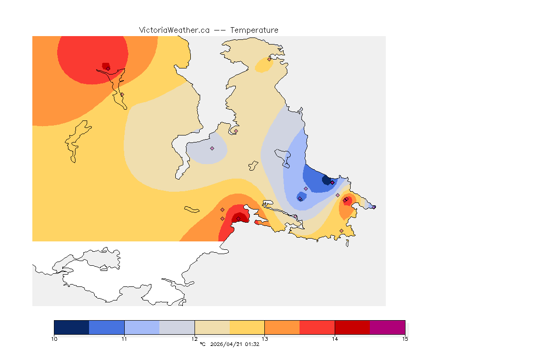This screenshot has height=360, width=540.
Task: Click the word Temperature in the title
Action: (x=254, y=30)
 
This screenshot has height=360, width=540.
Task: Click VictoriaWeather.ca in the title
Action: (x=174, y=30)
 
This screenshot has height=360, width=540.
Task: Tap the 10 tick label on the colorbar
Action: (x=54, y=338)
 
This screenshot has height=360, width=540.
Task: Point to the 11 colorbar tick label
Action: (x=124, y=338)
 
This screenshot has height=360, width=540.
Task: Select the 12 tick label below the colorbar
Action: (x=195, y=338)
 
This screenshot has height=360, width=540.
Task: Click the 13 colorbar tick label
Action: (x=265, y=338)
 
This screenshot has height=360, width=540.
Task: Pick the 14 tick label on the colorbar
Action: (x=335, y=338)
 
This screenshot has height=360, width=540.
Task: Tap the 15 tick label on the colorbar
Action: (x=405, y=338)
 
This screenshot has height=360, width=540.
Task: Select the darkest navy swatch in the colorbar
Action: (x=72, y=327)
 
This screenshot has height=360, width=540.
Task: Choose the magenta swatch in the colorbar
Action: (x=388, y=327)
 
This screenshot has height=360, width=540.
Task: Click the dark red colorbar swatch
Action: (x=352, y=327)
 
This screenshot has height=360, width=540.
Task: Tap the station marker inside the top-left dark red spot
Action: (x=108, y=68)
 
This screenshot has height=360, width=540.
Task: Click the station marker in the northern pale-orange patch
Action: (x=269, y=59)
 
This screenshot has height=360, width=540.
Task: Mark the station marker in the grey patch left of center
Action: (x=212, y=148)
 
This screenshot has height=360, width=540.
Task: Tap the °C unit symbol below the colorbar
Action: (x=202, y=344)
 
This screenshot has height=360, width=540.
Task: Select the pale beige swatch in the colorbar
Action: (x=212, y=327)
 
